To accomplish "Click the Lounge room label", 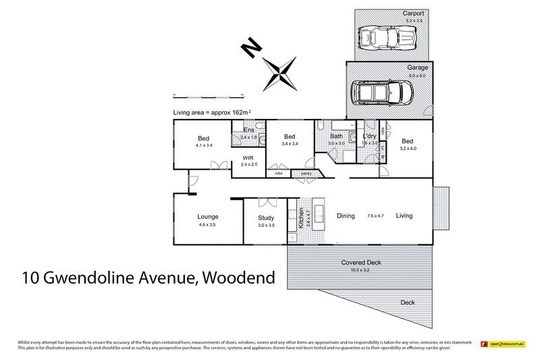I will coord(208,217).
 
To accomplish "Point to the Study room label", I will coord(266,217).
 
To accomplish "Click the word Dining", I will coord(346,216).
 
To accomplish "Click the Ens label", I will coord(248,130).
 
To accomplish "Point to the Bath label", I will coord(336,136).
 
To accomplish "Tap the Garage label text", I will coord(417,68).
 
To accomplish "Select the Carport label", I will coord(412,14).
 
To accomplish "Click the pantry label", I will coord(306,174).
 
